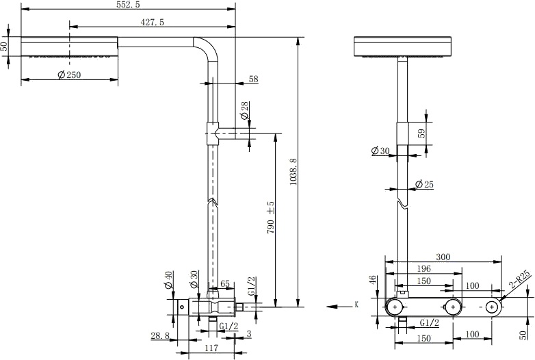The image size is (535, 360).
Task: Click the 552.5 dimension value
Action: (x=128, y=5)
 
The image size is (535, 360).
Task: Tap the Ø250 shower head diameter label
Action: (x=69, y=75)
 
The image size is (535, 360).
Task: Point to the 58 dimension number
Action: (x=253, y=79)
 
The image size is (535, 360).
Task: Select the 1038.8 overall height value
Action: (x=294, y=172)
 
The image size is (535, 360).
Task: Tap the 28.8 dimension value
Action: (x=159, y=335)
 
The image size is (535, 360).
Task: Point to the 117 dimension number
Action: (x=211, y=348)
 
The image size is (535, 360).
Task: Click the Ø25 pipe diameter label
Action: (x=424, y=185)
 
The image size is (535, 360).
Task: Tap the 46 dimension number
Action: (x=372, y=280)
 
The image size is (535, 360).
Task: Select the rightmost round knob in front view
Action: (x=492, y=307)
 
